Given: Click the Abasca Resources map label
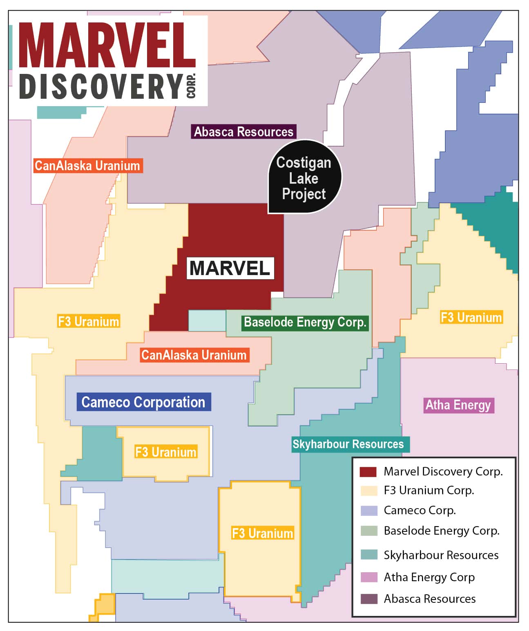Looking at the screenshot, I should (x=243, y=132).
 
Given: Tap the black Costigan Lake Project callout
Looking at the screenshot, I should (x=304, y=178).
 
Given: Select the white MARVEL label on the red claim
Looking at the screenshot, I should (x=230, y=268).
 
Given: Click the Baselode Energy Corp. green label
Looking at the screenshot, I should (x=305, y=322).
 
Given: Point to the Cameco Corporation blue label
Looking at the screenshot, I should (x=144, y=402).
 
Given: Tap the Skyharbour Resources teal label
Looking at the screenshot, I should (x=348, y=444).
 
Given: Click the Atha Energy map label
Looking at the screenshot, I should (x=458, y=405).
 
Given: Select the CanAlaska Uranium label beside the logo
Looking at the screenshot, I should (x=87, y=166).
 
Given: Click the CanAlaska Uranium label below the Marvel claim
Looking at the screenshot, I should (x=194, y=355).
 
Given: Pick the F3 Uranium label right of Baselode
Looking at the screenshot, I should (x=471, y=318).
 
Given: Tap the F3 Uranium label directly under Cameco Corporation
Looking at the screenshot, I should (x=166, y=452).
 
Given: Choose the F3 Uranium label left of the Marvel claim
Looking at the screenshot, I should (x=89, y=321).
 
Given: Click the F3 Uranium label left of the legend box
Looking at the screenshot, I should (x=263, y=533).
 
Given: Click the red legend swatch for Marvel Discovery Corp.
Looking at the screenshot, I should (x=368, y=472).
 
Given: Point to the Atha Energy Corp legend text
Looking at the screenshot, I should (x=429, y=577).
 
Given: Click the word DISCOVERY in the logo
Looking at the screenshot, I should (x=101, y=87).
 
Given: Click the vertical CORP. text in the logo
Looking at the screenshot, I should (x=191, y=86).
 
